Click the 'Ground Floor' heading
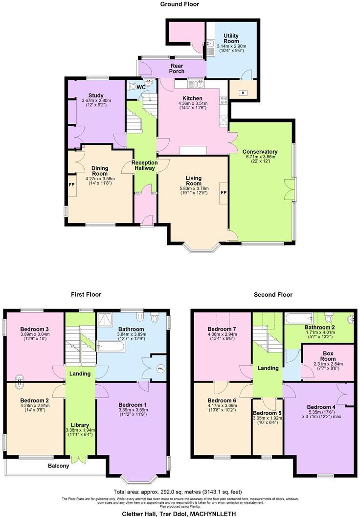(180, 4)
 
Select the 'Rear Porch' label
(177, 68)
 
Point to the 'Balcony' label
(58, 466)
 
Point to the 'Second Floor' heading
(273, 295)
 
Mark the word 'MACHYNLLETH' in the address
(212, 514)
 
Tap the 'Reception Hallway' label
(143, 165)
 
